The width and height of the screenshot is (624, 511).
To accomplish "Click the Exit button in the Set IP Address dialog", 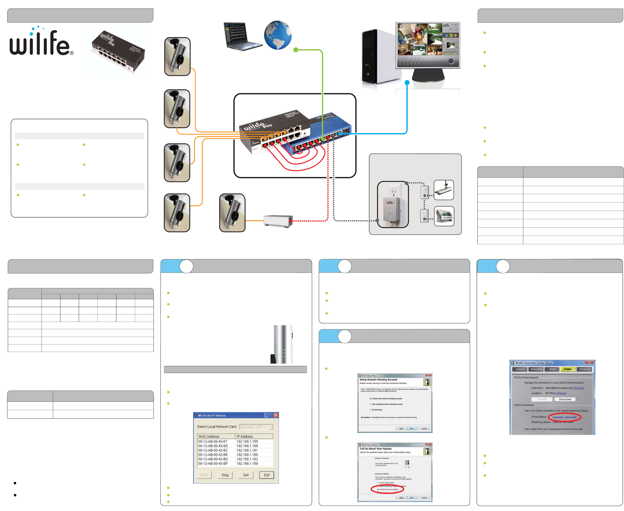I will click(266, 475).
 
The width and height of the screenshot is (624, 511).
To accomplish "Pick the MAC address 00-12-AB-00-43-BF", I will click(213, 463).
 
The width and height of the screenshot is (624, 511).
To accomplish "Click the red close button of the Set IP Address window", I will click(276, 415).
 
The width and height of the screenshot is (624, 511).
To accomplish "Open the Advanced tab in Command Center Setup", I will click(584, 369).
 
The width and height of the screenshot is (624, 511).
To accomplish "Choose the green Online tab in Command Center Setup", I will click(567, 369).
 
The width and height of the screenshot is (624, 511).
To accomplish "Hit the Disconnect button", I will click(565, 400).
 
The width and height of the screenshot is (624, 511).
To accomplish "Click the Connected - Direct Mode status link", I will click(564, 417).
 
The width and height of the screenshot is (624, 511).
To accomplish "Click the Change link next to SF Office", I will click(561, 393).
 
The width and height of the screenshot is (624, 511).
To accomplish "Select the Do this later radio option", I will click(371, 410).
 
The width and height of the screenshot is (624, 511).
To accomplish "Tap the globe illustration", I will click(278, 35).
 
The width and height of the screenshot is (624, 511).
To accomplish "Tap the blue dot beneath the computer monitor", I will click(407, 83).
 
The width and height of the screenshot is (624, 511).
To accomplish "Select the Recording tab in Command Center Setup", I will click(536, 369).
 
